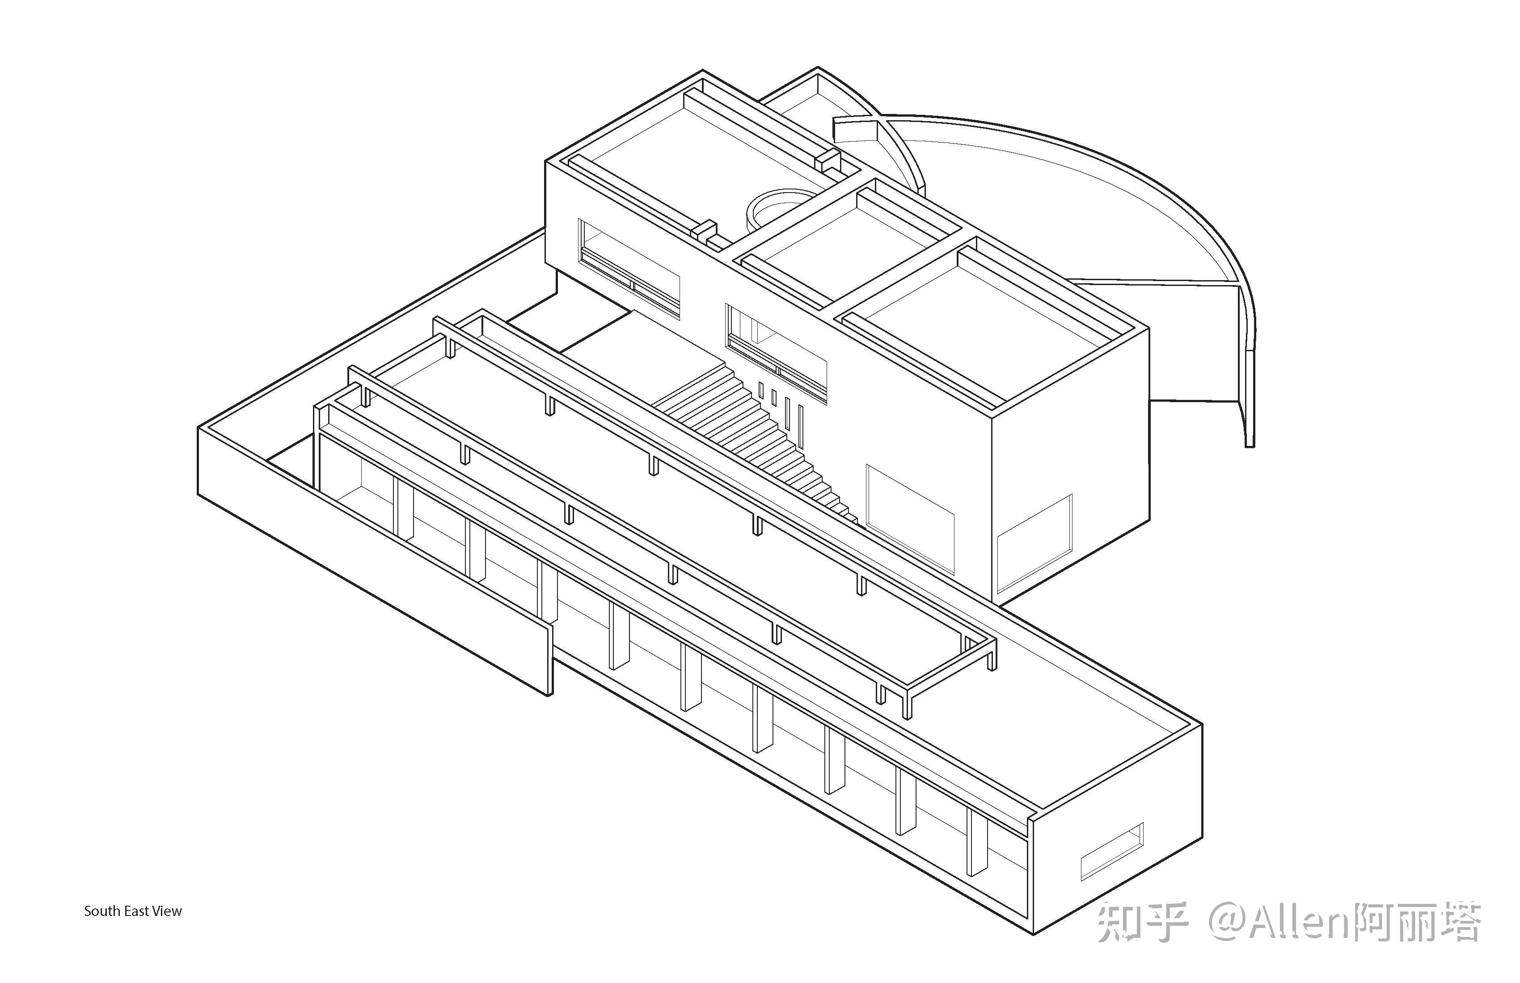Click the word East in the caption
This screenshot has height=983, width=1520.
(135, 912)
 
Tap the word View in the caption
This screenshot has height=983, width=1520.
(167, 912)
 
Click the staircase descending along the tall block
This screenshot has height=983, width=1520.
(754, 434)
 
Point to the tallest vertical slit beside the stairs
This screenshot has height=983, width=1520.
(800, 424)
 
